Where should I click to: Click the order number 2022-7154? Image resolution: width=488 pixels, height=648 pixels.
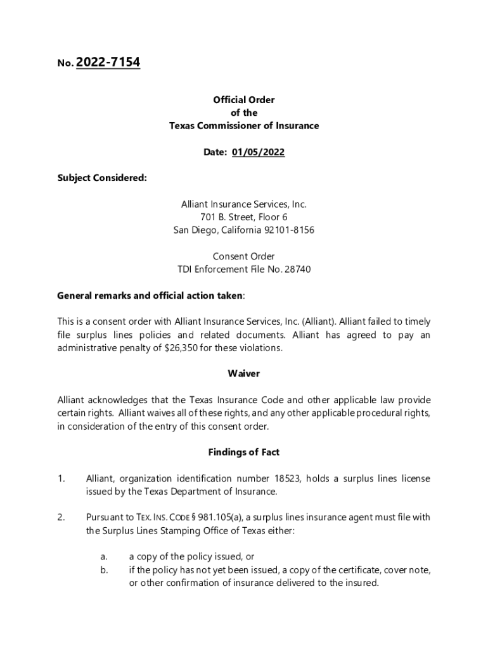tap(108, 63)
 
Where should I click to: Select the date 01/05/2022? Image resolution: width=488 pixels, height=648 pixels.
tap(258, 152)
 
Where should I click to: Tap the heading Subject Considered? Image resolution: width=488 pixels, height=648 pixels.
tap(102, 178)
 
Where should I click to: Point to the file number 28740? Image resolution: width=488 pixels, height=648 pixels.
tap(296, 270)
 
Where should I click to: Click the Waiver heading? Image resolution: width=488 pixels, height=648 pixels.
tap(243, 374)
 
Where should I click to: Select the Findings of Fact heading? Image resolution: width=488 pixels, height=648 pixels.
tap(243, 452)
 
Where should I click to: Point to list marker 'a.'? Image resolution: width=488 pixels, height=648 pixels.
tap(103, 557)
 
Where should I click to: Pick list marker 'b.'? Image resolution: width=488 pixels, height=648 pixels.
tap(103, 570)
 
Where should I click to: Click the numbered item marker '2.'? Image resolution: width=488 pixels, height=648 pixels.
tap(61, 518)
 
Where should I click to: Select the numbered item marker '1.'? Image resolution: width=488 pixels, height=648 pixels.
tap(61, 479)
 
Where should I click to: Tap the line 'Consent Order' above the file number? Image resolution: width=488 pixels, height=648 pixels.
tap(243, 256)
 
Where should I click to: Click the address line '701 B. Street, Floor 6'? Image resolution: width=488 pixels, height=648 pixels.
tap(243, 217)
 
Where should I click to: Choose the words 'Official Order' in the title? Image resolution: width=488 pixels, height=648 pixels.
tap(243, 100)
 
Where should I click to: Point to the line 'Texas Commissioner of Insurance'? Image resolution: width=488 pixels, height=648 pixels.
tap(243, 126)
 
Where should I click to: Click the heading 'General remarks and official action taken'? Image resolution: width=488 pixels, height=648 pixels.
tap(150, 296)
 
